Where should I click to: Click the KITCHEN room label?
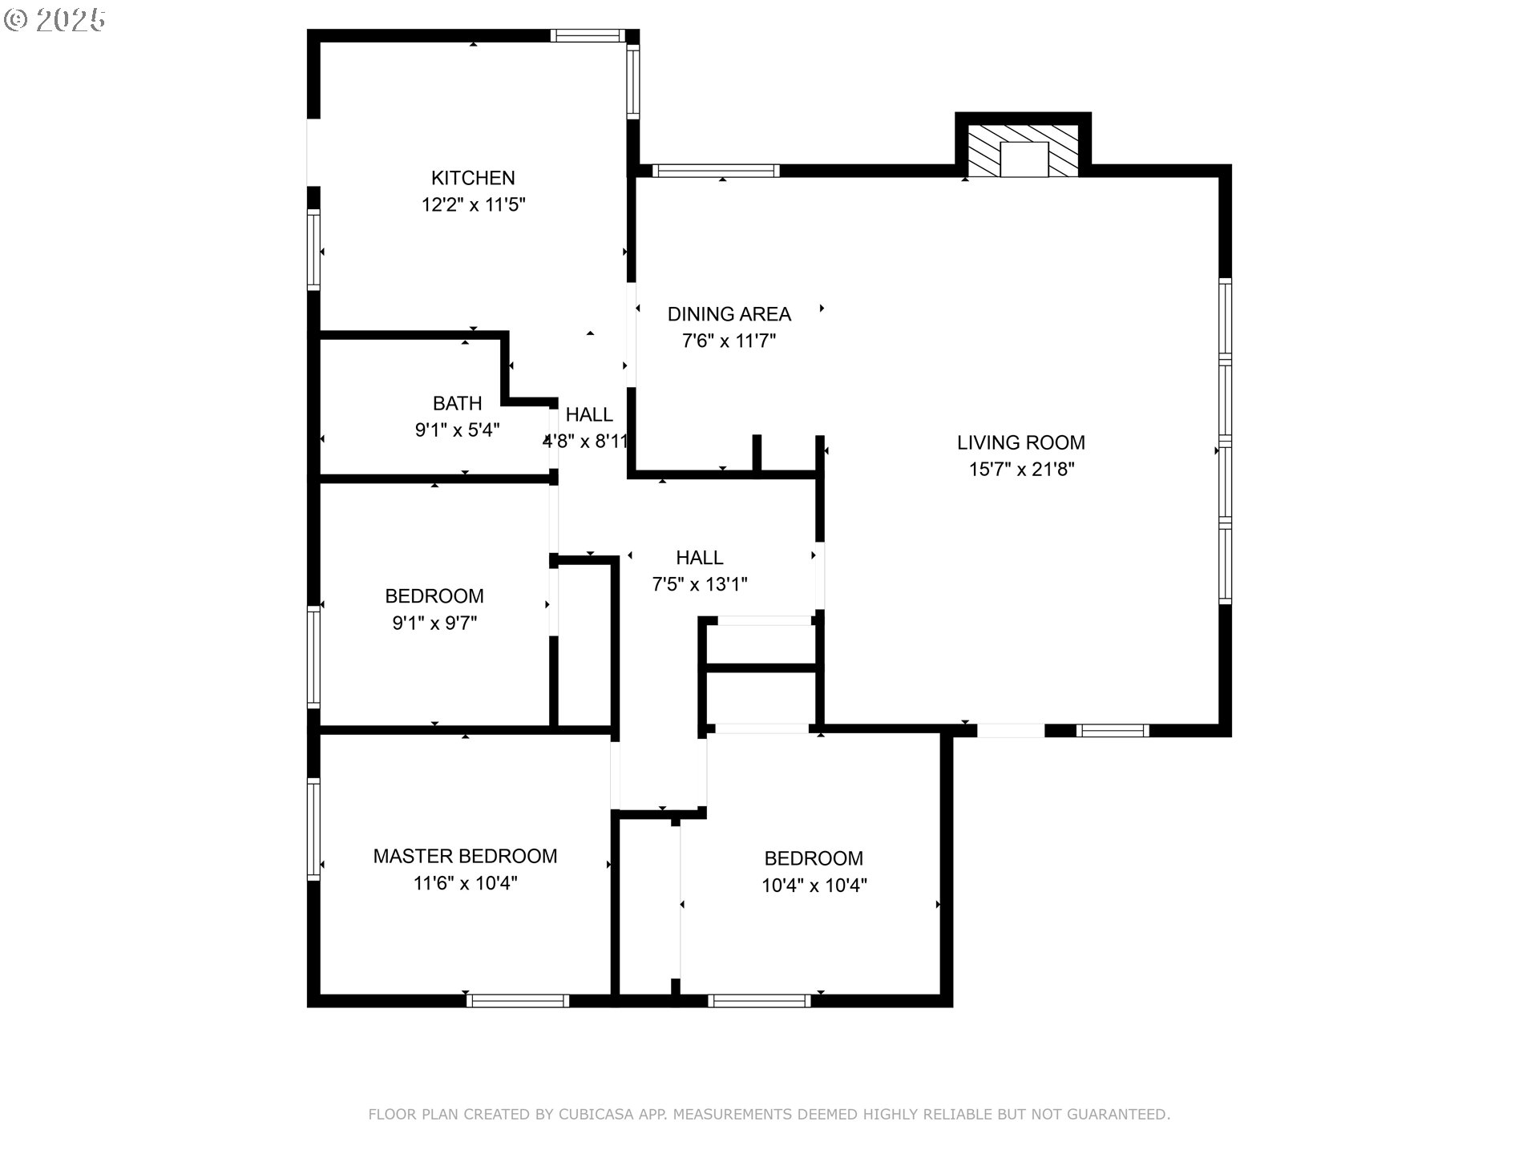[473, 178]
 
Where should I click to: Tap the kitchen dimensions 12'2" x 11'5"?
[473, 205]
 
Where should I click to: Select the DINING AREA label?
[729, 314]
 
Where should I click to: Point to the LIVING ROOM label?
[1021, 442]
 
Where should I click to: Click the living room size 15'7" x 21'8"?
[1021, 470]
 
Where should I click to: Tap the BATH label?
[458, 403]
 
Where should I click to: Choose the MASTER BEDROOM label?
[466, 856]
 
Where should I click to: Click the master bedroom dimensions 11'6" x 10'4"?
[466, 883]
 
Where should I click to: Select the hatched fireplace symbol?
[1024, 151]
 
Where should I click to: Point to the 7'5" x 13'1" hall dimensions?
[700, 585]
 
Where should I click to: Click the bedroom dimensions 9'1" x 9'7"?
[434, 623]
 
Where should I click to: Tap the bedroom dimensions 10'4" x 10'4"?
[814, 886]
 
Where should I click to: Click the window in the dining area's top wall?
[716, 171]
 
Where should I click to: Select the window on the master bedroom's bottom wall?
[518, 1001]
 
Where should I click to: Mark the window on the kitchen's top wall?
[588, 35]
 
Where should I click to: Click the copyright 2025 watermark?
[55, 20]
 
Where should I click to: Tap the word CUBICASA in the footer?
[596, 1114]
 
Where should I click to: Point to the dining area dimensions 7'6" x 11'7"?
[729, 341]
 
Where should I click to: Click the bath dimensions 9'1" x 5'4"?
[458, 430]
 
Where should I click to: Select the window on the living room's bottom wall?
[1113, 731]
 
